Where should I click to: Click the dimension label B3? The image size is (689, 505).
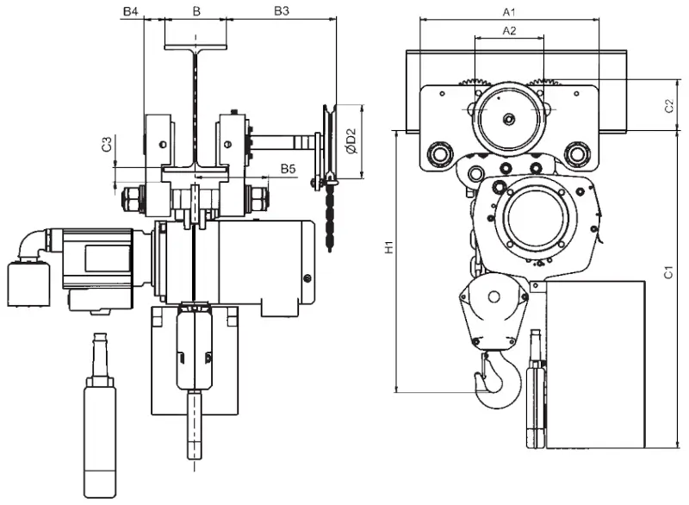[x=281, y=11]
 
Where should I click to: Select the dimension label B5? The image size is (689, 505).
[x=287, y=170]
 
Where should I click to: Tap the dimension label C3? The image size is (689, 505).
[x=106, y=145]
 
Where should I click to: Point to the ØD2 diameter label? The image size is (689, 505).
[x=350, y=141]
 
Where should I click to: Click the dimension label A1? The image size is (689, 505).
[x=509, y=11]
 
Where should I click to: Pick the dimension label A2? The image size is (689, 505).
[x=509, y=30]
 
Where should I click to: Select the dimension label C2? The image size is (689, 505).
[x=668, y=106]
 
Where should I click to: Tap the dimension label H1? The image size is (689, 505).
[x=388, y=248]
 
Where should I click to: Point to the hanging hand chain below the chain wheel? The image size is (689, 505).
[x=330, y=220]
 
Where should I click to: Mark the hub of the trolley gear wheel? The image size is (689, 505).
[x=508, y=117]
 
